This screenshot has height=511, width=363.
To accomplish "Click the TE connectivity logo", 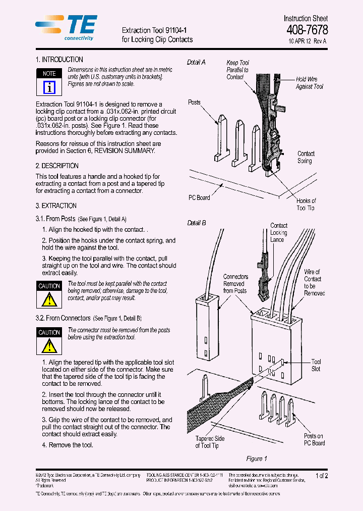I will tap(66, 27).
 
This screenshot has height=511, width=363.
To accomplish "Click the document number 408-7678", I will tap(307, 30).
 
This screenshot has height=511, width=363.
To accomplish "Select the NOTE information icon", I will tap(49, 87).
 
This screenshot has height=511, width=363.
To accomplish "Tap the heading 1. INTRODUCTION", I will tap(59, 60).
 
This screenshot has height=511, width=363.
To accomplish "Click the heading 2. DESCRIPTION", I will tap(57, 166).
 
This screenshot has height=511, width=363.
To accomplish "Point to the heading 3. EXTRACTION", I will tap(56, 206).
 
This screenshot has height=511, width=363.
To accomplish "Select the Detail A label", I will tap(196, 62).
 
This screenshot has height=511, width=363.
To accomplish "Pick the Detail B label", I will tap(196, 223).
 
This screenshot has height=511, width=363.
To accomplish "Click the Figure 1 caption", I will tap(256, 458).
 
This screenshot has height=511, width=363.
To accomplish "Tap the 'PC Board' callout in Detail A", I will tap(199, 197).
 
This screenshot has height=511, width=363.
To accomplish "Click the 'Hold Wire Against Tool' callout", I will tap(309, 83).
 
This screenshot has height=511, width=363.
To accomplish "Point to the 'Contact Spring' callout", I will tap(306, 157).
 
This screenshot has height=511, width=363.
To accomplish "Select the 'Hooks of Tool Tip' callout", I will tap(306, 205).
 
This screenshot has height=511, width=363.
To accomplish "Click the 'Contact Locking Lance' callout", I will tap(278, 233).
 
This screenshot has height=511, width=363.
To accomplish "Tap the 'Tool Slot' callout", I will tap(316, 365).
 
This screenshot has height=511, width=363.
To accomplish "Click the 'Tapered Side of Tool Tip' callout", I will tap(210, 442).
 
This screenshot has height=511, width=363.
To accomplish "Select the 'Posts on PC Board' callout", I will tap(314, 439).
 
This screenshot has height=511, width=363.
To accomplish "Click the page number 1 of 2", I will tap(321, 476).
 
